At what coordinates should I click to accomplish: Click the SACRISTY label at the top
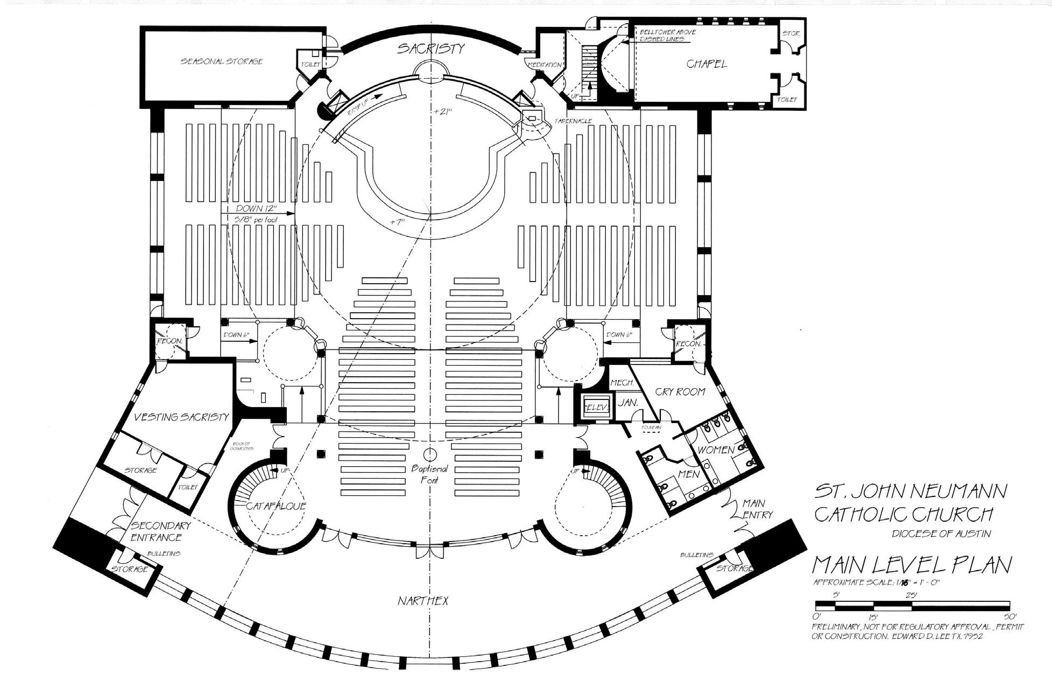[430, 48]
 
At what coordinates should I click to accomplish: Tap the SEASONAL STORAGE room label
[222, 61]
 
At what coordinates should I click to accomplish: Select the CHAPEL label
[707, 64]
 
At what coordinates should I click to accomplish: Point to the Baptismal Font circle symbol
[430, 454]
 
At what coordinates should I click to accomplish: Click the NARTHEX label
[423, 601]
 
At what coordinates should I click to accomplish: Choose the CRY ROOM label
[680, 391]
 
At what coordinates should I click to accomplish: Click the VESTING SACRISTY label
[181, 417]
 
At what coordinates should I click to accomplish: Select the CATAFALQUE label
[276, 506]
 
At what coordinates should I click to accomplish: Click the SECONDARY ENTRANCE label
[160, 531]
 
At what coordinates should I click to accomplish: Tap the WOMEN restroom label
[716, 450]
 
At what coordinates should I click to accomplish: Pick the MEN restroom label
[689, 474]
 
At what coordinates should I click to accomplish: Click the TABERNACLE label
[574, 121]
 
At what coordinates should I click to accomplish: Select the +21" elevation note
[443, 112]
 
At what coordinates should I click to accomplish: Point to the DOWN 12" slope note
[256, 208]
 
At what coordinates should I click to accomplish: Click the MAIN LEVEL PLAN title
[912, 565]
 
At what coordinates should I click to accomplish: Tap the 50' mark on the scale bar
[1009, 616]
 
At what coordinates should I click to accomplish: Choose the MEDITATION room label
[545, 65]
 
